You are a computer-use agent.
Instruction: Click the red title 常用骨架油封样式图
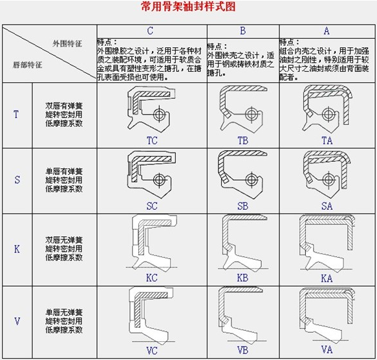point(188,8)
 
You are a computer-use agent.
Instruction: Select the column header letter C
point(151,30)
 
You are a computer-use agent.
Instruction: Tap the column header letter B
point(242,30)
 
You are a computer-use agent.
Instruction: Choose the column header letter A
point(327,30)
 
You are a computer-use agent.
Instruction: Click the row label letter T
point(16,115)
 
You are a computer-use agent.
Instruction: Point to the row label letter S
point(16,180)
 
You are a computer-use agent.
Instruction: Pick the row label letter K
point(16,249)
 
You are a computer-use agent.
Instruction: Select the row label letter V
point(16,321)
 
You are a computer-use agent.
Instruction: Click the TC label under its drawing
point(152,139)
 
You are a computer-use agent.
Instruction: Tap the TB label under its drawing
point(243,139)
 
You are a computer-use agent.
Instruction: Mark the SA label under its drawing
point(327,206)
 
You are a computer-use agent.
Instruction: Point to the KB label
point(243,278)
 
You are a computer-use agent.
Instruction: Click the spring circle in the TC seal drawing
point(160,115)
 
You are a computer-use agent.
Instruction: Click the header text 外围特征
point(67,43)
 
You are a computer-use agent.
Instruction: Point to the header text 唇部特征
point(27,65)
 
